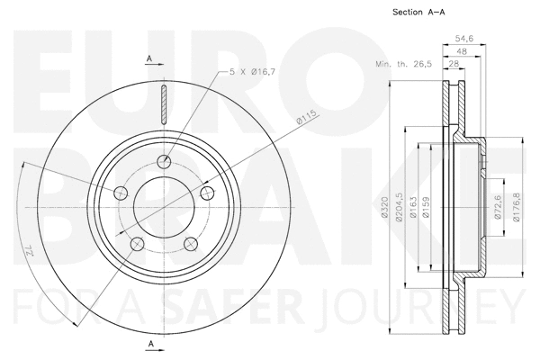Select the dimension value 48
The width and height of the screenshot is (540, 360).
coord(463,52)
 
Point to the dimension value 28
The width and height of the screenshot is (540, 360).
coord(457,65)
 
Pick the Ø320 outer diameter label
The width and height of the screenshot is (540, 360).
coord(384,211)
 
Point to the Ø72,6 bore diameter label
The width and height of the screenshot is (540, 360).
coord(496,210)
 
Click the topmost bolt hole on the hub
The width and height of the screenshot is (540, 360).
coord(164,162)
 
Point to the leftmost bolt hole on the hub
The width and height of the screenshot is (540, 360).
coord(121,192)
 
